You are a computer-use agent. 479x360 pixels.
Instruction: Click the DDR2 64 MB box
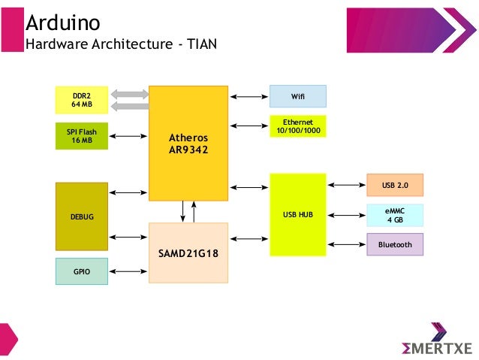tap(82, 100)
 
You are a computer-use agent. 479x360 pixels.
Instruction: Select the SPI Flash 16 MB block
tap(82, 135)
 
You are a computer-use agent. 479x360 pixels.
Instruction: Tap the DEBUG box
tap(82, 216)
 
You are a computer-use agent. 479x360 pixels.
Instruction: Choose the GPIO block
tap(82, 271)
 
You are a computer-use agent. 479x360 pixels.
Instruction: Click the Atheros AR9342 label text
tap(188, 144)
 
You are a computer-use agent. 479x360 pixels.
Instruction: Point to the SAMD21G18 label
tap(188, 253)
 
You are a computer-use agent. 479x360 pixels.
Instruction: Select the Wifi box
tap(298, 96)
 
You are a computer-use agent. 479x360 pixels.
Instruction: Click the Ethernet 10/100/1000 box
tap(298, 127)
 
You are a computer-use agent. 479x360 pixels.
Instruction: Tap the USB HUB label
tap(298, 215)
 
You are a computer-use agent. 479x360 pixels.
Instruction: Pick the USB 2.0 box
tap(395, 185)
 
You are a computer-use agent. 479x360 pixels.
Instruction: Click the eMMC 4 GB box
tap(395, 215)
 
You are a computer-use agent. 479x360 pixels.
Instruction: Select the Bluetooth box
tap(395, 244)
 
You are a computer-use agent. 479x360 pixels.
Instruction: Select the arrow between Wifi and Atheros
tap(249, 96)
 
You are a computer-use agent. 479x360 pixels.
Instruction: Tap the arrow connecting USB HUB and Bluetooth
tap(346, 244)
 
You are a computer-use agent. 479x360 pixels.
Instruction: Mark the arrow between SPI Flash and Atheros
tap(128, 136)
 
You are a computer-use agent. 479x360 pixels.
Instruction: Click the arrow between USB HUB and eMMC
tap(346, 215)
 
